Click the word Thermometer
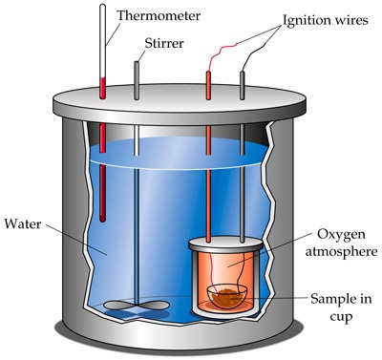pyautogui.click(x=159, y=15)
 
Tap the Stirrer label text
pyautogui.click(x=164, y=43)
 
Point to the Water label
pyautogui.click(x=23, y=224)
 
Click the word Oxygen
pyautogui.click(x=341, y=235)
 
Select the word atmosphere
pyautogui.click(x=341, y=252)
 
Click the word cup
pyautogui.click(x=341, y=317)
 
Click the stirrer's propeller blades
pyautogui.click(x=137, y=306)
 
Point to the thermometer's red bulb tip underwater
pyautogui.click(x=102, y=218)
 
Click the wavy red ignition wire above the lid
pyautogui.click(x=223, y=55)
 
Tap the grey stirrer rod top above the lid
pyautogui.click(x=137, y=80)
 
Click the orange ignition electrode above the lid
pyautogui.click(x=208, y=85)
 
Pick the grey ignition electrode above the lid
pyautogui.click(x=243, y=85)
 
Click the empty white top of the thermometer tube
pyautogui.click(x=102, y=41)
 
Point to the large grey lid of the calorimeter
pyautogui.click(x=180, y=103)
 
